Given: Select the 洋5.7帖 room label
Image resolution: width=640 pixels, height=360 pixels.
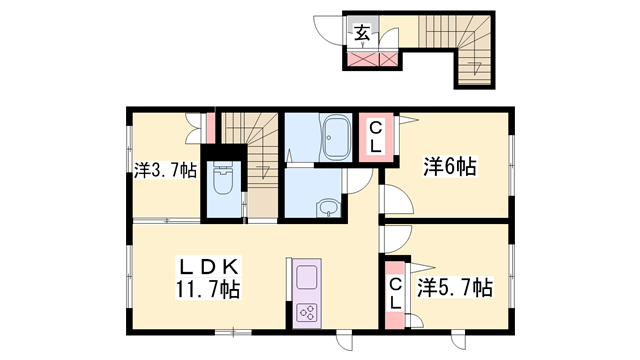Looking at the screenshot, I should tap(454, 288).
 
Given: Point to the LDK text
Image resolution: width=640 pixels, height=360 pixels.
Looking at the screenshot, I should tap(209, 267).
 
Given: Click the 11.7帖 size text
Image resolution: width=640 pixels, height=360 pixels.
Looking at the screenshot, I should tap(209, 291).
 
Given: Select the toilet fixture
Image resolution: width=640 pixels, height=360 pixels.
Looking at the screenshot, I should tap(224, 182).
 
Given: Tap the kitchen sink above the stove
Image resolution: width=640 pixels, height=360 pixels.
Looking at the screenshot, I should tap(306, 274).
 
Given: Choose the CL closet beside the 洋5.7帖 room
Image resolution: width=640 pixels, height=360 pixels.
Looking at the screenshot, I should tap(395, 287).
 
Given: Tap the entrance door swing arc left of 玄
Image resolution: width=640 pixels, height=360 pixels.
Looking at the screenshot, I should tap(328, 30).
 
